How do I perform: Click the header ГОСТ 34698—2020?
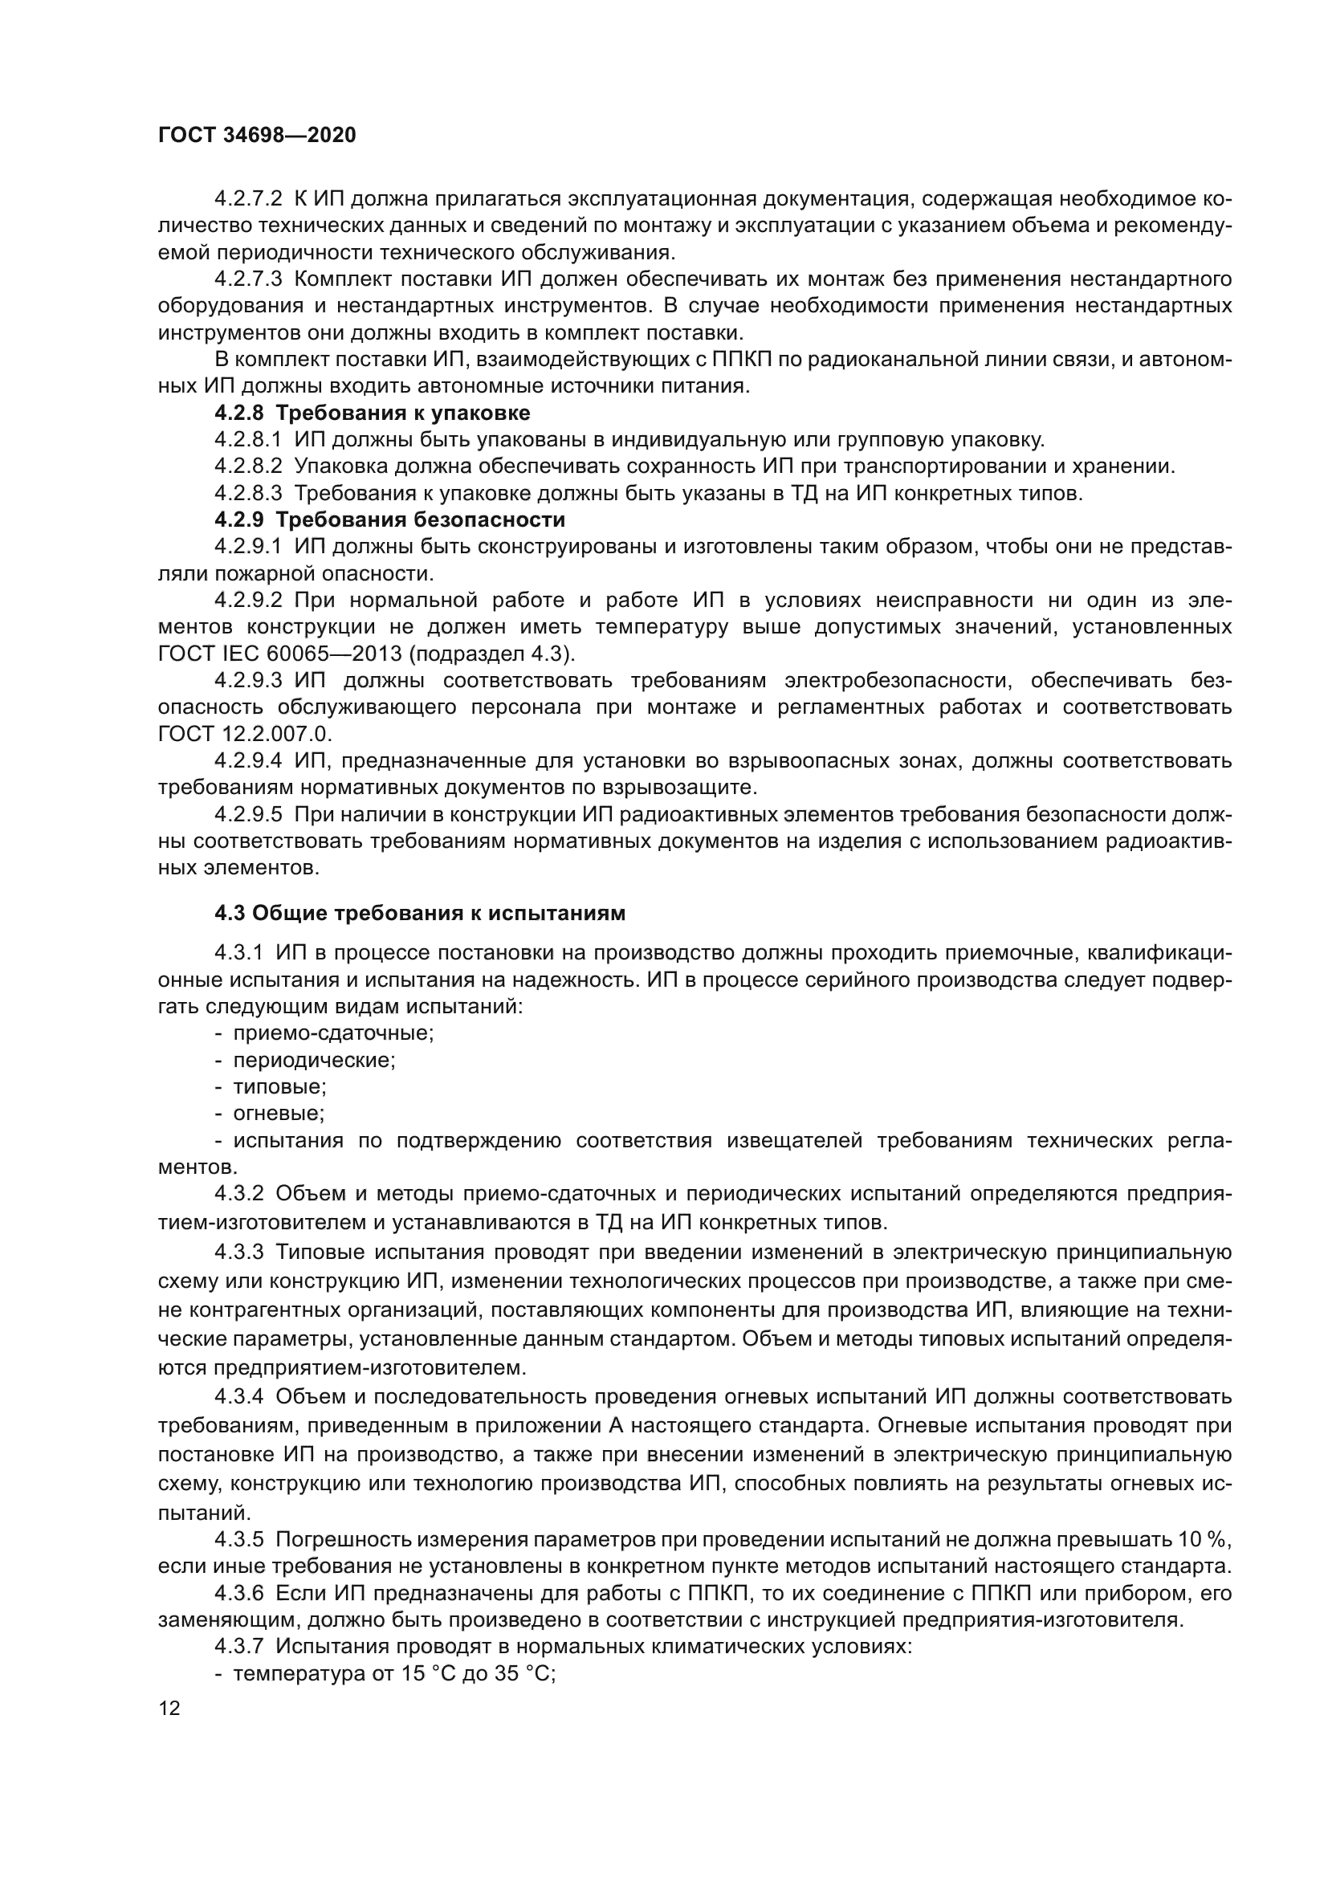pos(257,136)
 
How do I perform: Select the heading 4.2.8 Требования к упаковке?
pos(372,412)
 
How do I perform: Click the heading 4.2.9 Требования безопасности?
pos(389,519)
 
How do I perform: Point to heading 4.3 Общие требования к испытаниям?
pos(419,913)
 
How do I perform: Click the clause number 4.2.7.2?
pos(248,199)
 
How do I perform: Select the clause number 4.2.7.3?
pos(248,279)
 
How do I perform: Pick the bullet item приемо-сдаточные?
pos(333,1033)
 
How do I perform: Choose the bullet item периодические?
pos(314,1060)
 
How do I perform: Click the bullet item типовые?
pos(279,1087)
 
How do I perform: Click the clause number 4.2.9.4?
pos(248,760)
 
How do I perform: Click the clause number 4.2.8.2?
pos(248,466)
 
